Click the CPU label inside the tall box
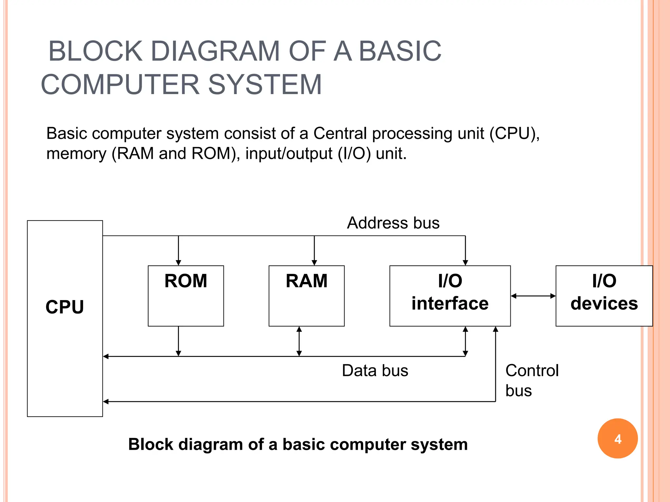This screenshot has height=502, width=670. (x=65, y=307)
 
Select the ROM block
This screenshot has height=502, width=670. (x=186, y=295)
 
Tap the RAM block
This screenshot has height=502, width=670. (x=307, y=295)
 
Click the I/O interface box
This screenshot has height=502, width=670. (x=450, y=295)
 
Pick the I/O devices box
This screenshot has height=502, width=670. (x=604, y=295)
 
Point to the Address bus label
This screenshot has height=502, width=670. (x=393, y=223)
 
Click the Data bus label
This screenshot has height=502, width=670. (x=375, y=371)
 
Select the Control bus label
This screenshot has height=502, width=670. (x=531, y=380)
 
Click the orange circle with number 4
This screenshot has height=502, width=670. (x=617, y=439)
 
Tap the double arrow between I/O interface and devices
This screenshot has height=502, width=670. (x=533, y=296)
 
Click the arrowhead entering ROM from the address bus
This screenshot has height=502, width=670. (x=178, y=262)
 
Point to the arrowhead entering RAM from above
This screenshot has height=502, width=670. (x=314, y=262)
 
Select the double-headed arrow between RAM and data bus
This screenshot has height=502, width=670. (x=299, y=341)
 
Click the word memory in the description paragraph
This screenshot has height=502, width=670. (x=76, y=154)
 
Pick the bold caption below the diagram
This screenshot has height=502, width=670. (x=298, y=444)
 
